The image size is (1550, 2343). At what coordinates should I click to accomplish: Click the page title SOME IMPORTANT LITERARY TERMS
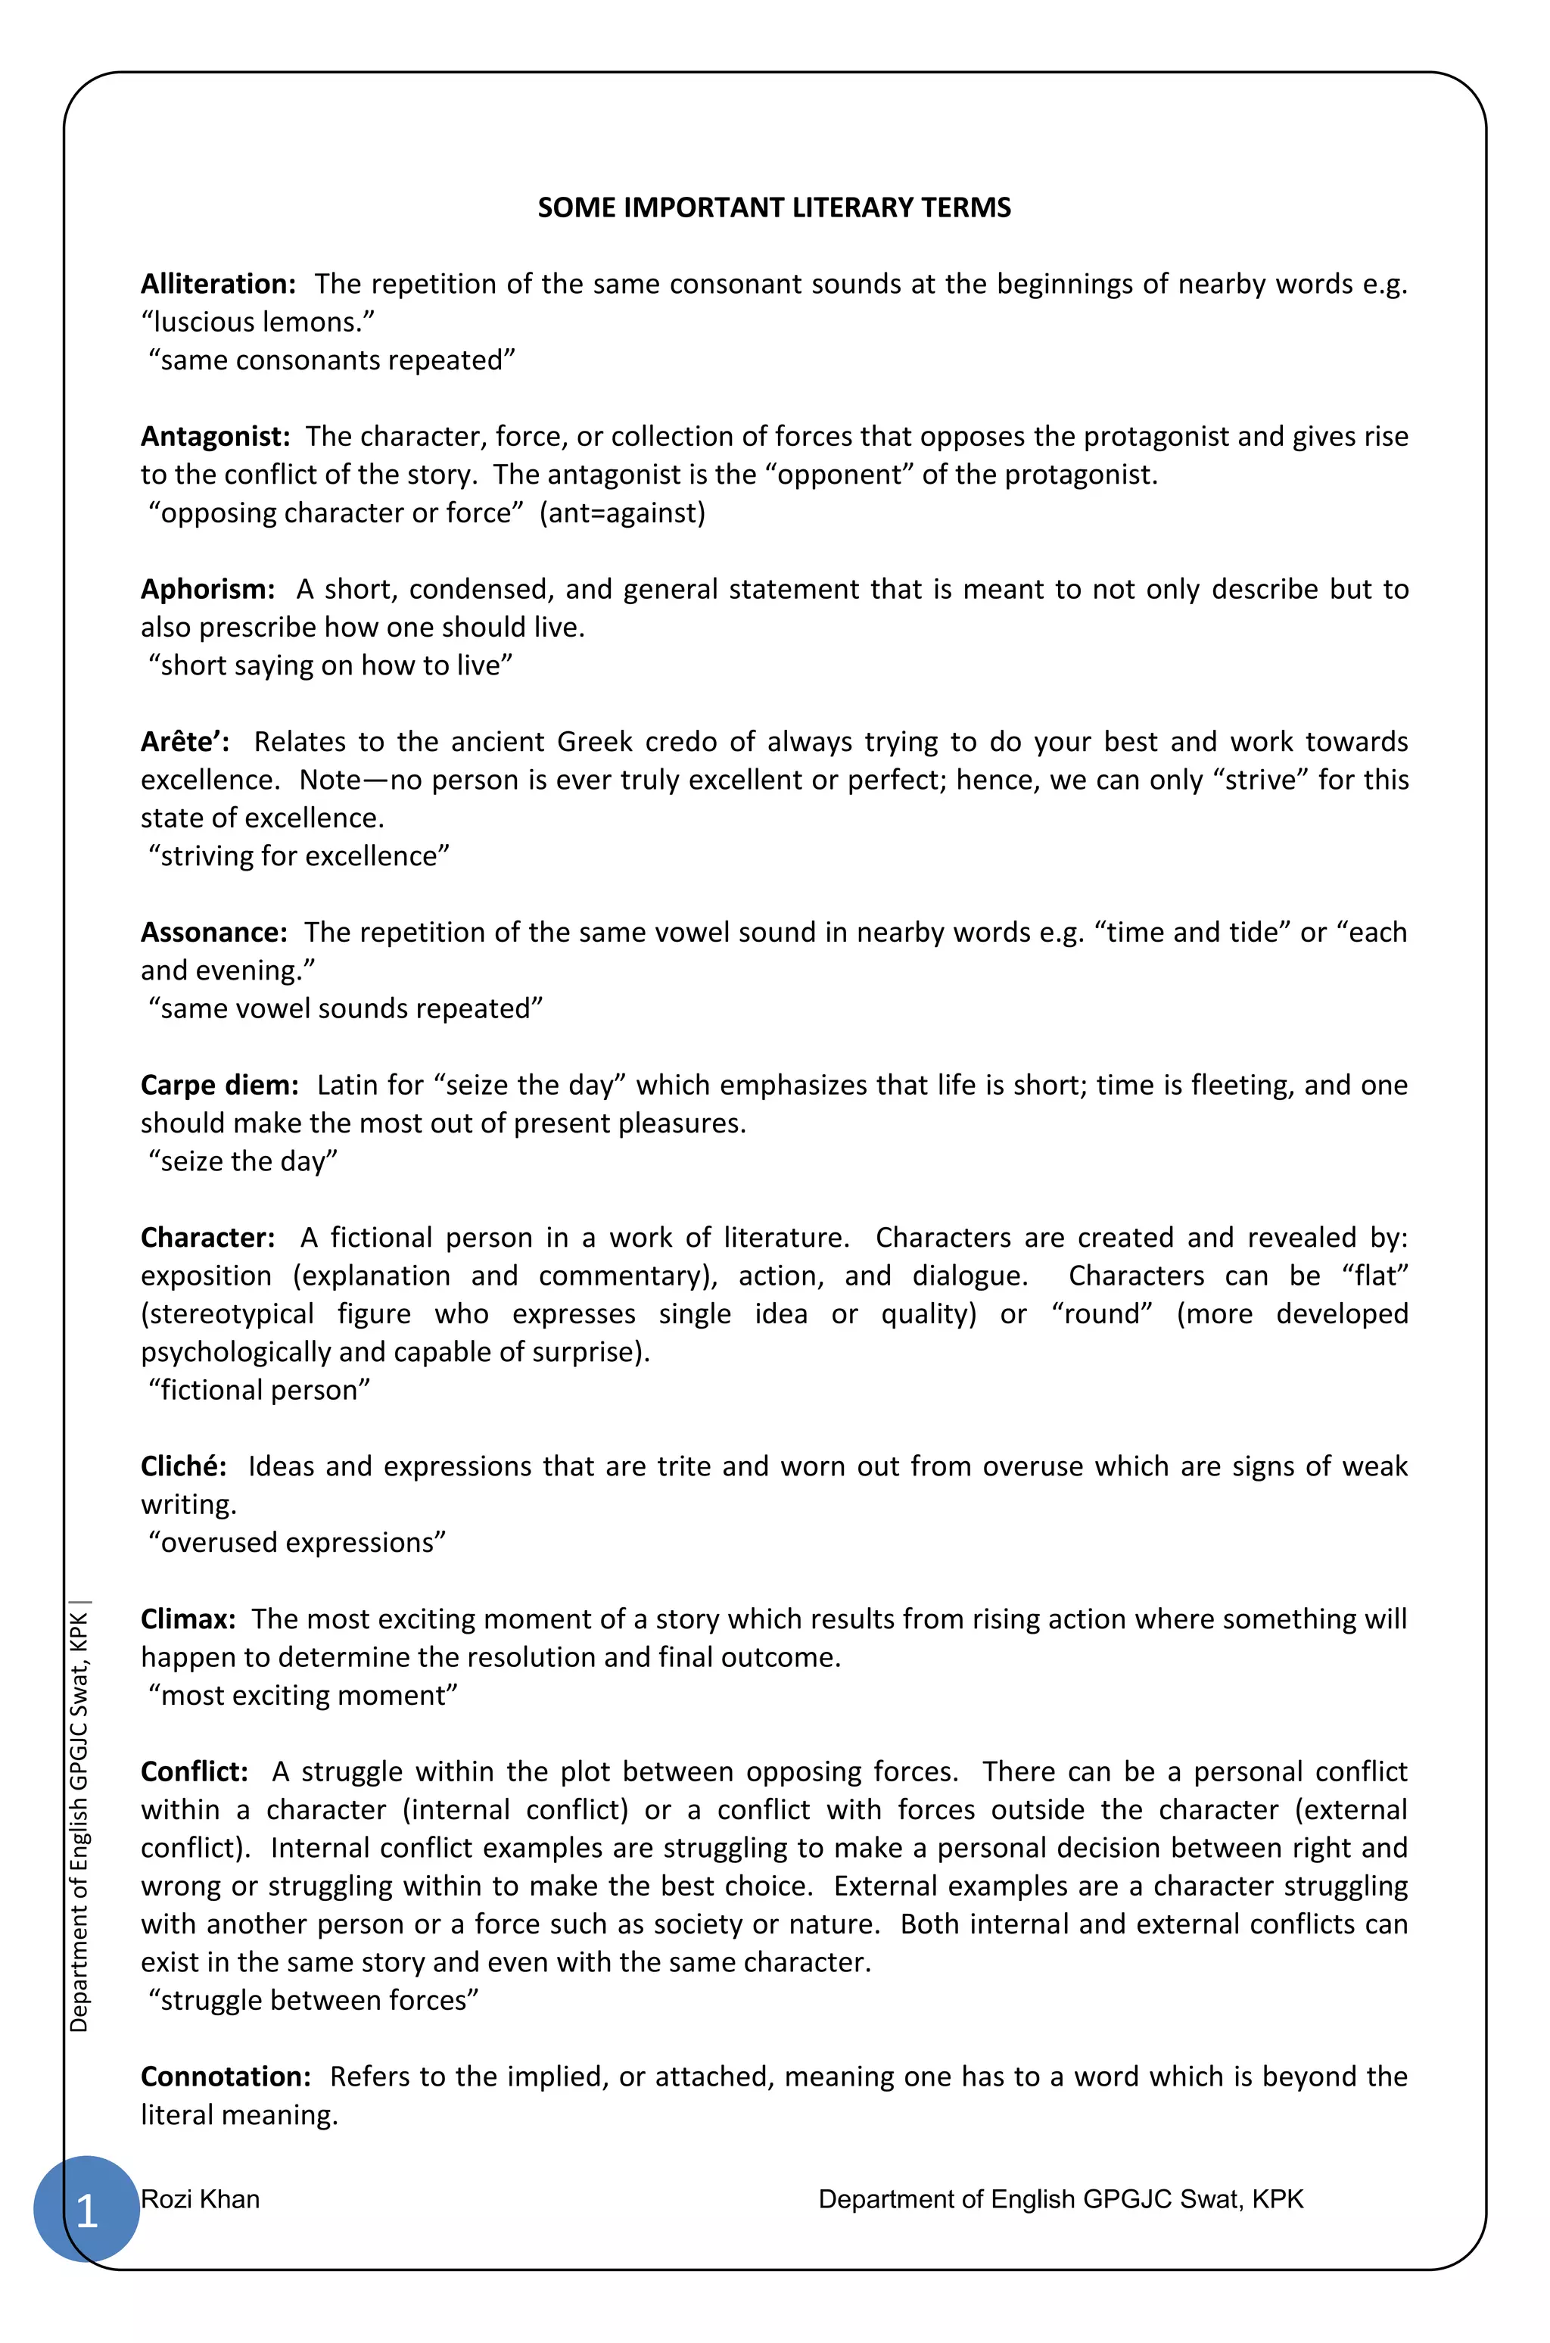coord(774,207)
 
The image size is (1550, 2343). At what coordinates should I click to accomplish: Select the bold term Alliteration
coord(217,285)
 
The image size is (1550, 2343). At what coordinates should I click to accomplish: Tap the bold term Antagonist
coord(214,437)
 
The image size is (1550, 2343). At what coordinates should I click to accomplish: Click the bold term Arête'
coord(185,741)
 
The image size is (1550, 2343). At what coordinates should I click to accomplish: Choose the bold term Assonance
coord(213,932)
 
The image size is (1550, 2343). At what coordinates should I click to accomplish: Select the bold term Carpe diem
coord(219,1086)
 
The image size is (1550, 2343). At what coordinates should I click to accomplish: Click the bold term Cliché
coord(183,1466)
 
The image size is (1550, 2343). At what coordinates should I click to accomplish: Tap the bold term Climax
coord(188,1619)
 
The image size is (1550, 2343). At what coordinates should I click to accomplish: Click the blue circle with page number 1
coord(86,2210)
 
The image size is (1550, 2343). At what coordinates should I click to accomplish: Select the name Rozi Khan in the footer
coord(200,2198)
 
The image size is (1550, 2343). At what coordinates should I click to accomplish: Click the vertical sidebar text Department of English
coord(79,1819)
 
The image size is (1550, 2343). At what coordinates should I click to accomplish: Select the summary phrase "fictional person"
coord(259,1390)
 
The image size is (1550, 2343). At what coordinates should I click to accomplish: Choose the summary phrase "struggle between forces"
coord(313,2000)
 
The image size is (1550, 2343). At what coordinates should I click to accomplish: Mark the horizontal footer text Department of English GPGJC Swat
coord(1060,2198)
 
